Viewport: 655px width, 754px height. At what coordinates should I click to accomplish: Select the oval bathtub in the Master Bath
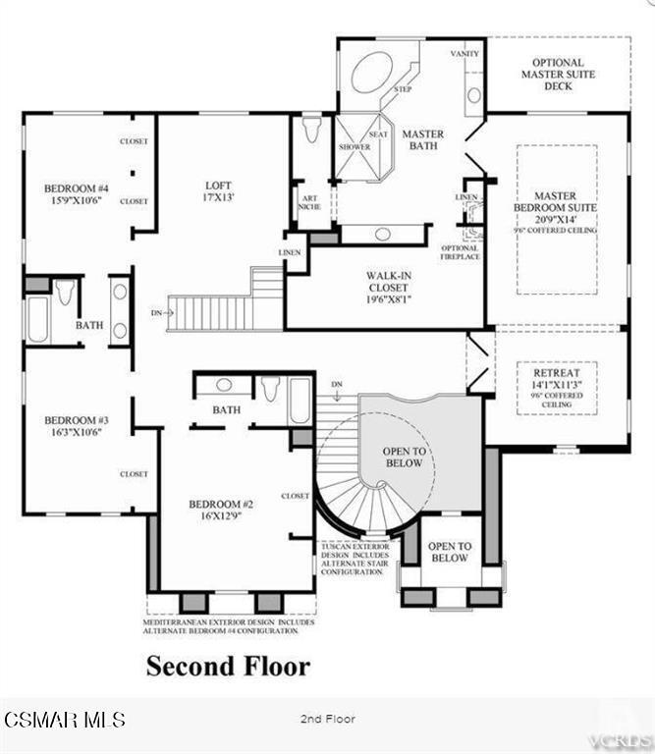tap(372, 73)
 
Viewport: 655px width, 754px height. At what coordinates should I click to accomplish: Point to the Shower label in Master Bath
tap(354, 147)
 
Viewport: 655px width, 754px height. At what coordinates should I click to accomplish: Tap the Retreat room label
tap(556, 387)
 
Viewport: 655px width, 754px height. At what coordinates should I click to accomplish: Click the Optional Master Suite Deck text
tap(558, 74)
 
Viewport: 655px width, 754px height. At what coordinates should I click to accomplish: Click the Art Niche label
tap(308, 201)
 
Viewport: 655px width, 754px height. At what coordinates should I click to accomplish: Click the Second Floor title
tap(228, 666)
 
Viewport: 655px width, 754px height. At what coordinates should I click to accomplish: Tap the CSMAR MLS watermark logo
tap(64, 720)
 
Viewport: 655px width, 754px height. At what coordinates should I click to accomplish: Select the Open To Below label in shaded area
tap(405, 457)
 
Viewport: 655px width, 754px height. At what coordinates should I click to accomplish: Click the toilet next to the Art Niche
tap(312, 130)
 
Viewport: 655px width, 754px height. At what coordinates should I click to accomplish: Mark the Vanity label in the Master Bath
tap(464, 53)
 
